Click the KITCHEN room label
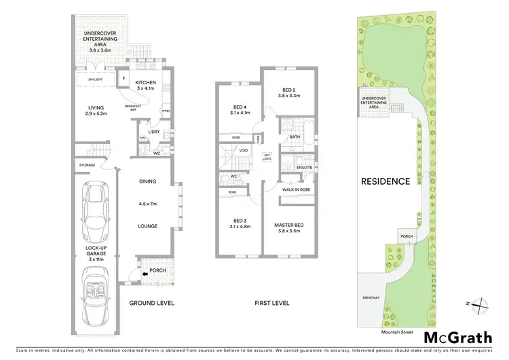(146, 83)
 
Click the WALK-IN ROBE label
(297, 190)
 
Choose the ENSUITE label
(296, 167)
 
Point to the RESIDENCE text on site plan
(385, 181)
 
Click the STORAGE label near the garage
(86, 165)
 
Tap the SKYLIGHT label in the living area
(95, 80)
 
